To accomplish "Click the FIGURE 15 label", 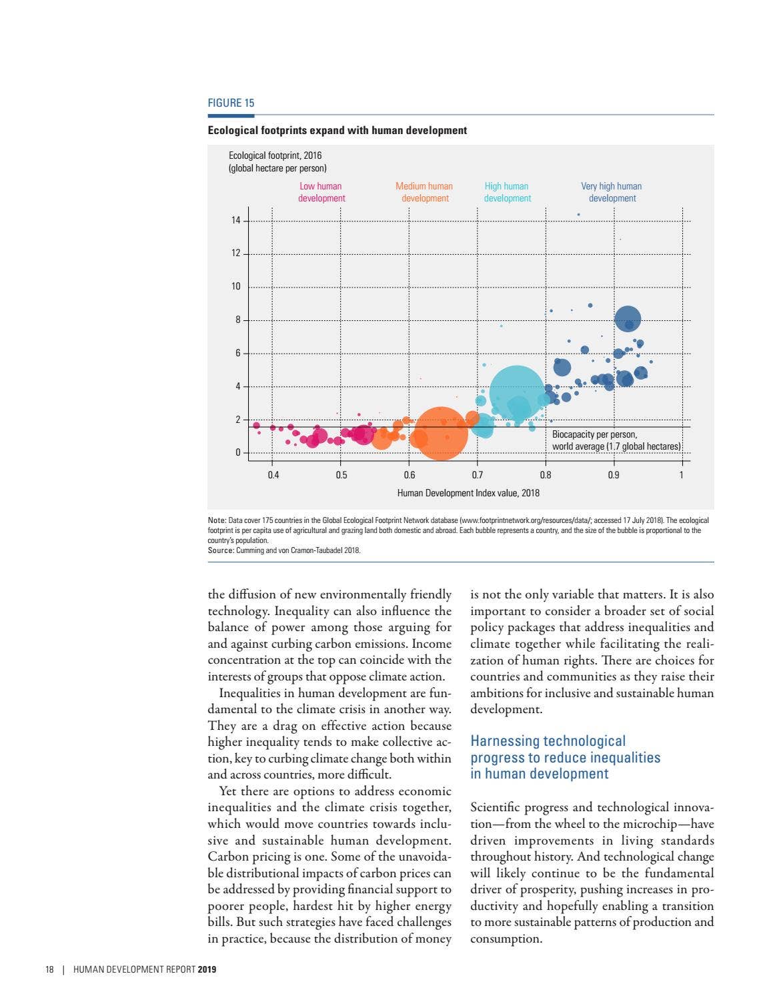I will point(231,103).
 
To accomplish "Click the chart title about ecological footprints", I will point(337,130).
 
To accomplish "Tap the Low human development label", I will point(321,192).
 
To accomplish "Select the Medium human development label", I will point(424,192).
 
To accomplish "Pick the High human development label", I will point(507,192).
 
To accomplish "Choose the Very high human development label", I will point(612,192).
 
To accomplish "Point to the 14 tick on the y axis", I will point(236,220).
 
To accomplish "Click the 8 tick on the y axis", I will point(237,320).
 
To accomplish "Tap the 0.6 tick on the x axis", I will point(409,475).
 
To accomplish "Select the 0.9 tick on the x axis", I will point(613,475).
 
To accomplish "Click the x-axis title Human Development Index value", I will point(468,493).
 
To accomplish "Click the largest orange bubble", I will point(441,433).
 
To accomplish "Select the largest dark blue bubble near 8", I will point(628,319).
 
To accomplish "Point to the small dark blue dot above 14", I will point(578,215).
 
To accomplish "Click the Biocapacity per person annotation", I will point(616,440).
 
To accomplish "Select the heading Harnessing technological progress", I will point(565,757).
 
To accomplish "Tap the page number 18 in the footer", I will point(49,969).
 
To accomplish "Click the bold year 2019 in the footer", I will point(207,969).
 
